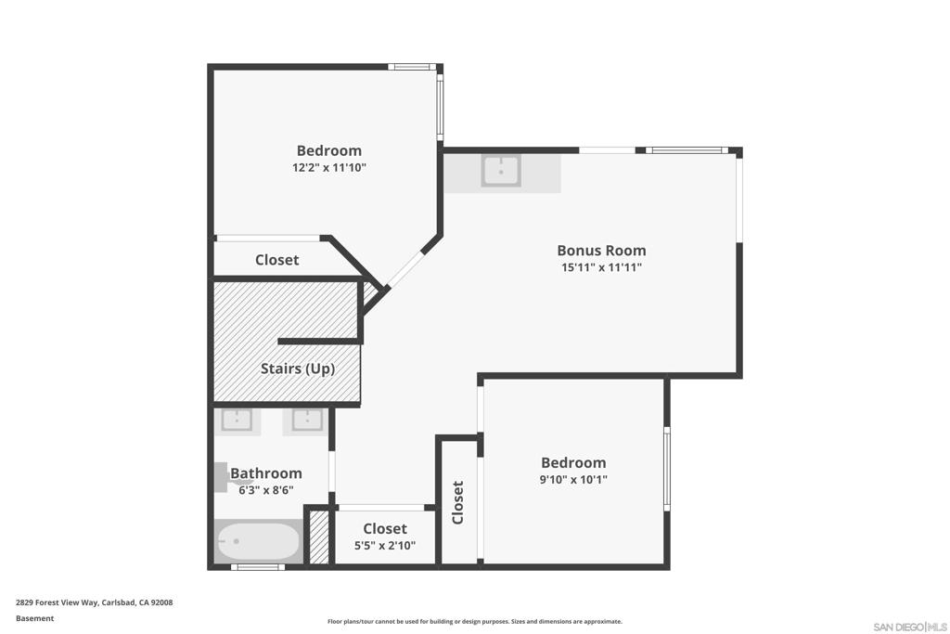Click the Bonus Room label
click(x=601, y=250)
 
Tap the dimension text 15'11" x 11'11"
click(x=601, y=267)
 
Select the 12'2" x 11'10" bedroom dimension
click(x=328, y=168)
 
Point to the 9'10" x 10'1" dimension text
click(x=573, y=480)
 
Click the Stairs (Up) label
click(x=297, y=369)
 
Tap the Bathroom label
click(x=266, y=473)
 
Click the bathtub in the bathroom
click(x=258, y=541)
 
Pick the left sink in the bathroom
click(x=237, y=421)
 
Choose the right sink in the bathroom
click(x=308, y=421)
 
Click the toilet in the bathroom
click(x=222, y=476)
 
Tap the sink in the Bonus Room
click(x=501, y=171)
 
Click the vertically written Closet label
click(x=457, y=502)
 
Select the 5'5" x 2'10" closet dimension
click(x=384, y=546)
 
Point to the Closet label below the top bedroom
click(x=276, y=260)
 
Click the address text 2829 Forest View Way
click(x=94, y=602)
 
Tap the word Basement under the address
click(x=34, y=618)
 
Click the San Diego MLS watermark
click(x=909, y=627)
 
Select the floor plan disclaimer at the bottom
click(x=474, y=622)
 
